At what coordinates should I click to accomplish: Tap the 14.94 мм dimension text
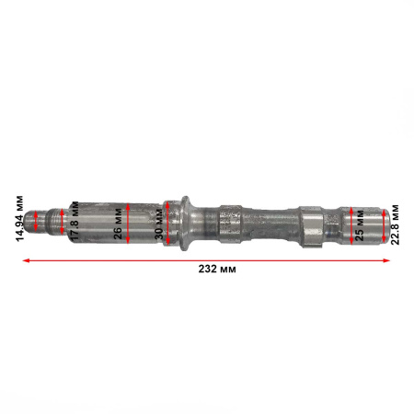(19, 222)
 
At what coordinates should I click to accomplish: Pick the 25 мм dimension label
(358, 224)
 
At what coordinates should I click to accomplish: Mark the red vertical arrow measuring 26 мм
(131, 222)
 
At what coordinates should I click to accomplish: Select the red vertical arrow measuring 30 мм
(168, 222)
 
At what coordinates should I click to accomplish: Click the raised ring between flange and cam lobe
(231, 222)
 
